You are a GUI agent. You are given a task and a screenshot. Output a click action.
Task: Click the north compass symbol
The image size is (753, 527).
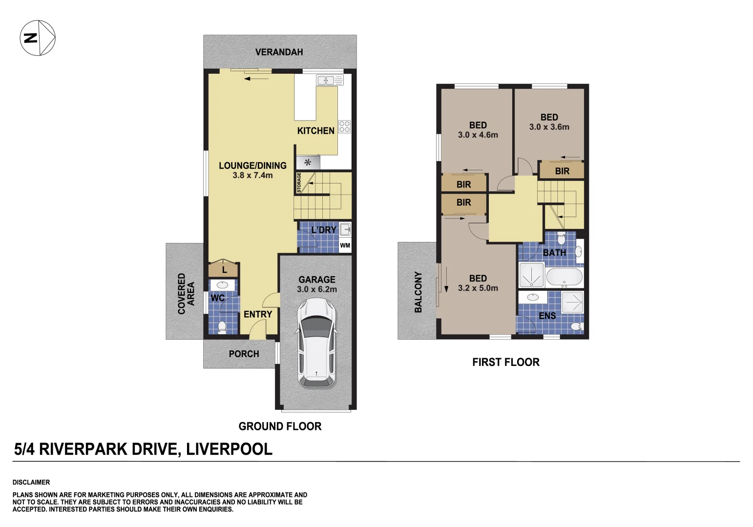(38, 38)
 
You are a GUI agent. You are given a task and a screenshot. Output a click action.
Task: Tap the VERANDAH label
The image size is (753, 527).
(279, 52)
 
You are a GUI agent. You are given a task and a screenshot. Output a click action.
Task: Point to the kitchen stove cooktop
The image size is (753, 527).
(344, 127)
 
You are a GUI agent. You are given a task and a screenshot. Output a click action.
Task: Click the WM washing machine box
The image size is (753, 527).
(345, 245)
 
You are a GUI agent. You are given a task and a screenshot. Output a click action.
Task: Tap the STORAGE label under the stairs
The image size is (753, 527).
(299, 182)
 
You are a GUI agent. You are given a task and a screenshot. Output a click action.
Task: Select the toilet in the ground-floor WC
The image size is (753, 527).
(222, 326)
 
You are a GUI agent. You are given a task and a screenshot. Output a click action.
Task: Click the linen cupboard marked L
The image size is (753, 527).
(224, 269)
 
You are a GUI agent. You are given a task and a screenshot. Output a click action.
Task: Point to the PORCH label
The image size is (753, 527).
(244, 354)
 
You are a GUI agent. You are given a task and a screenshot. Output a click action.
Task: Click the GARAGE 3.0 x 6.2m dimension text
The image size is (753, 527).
(316, 289)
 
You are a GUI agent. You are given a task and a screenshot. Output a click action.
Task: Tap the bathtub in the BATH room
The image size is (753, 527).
(564, 277)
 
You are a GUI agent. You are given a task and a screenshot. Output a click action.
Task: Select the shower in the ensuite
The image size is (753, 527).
(572, 302)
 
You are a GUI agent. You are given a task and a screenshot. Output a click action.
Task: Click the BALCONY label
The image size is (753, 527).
(418, 292)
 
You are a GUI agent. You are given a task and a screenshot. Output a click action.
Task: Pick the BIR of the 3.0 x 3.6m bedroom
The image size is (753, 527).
(562, 171)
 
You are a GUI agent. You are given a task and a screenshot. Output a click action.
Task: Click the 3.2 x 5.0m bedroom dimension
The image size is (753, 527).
(478, 288)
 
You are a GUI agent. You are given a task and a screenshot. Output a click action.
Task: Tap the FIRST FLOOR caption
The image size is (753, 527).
(505, 362)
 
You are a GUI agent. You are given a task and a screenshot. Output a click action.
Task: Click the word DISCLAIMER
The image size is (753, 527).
(31, 482)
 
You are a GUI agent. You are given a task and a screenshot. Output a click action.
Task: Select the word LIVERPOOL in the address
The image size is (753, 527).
(229, 449)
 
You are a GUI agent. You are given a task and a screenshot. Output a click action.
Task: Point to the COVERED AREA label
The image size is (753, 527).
(186, 293)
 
